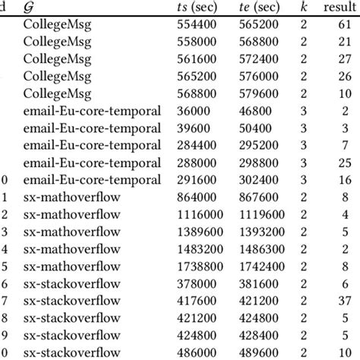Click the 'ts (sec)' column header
(201, 8)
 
